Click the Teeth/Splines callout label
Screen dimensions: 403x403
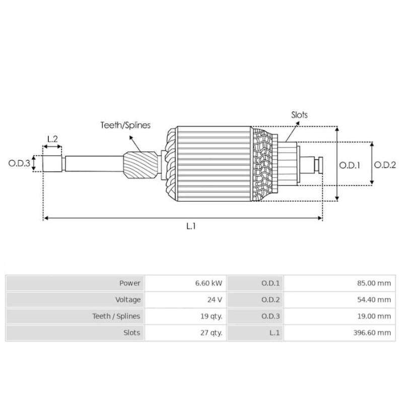125,125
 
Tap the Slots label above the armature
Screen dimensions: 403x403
299,115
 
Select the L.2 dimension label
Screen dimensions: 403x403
52,139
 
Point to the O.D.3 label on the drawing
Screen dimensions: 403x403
19,163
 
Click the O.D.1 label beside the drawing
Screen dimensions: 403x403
350,165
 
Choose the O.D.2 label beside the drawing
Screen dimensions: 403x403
385,165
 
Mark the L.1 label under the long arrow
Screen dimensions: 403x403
191,226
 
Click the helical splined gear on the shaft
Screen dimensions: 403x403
141,165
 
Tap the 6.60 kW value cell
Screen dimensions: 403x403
185,283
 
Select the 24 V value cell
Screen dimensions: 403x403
185,300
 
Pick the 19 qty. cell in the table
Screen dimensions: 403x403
185,316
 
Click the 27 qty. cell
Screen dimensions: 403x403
185,332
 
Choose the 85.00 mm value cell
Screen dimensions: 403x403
340,283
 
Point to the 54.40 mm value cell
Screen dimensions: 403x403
340,300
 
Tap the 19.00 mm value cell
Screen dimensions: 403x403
340,316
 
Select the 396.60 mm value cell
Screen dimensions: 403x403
340,332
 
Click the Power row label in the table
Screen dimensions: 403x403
130,283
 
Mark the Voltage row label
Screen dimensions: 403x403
128,300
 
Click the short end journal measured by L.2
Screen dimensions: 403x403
52,163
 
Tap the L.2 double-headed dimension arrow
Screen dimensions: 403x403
52,147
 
